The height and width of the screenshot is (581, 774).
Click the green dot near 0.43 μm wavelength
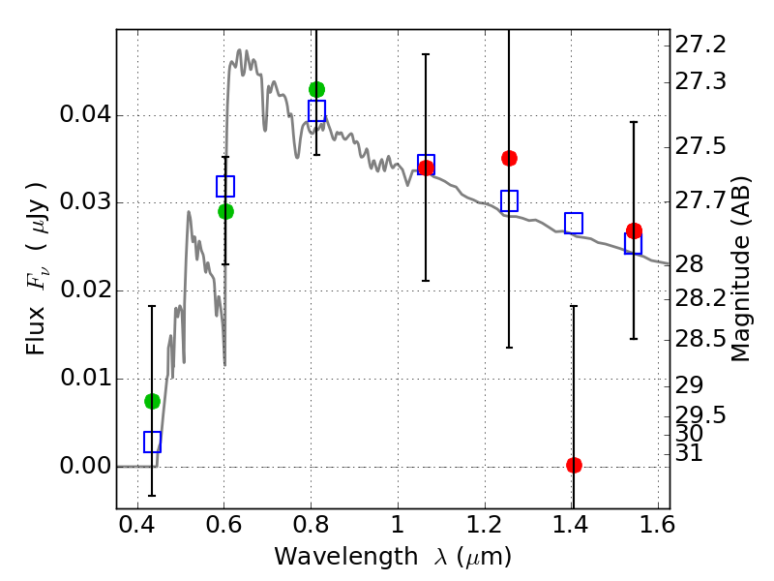152,401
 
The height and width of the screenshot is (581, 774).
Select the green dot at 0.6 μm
225,211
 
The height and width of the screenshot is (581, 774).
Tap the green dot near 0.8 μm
317,89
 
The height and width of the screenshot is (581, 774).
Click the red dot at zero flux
574,465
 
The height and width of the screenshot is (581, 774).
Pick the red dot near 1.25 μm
510,158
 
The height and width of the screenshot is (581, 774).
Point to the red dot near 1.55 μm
635,230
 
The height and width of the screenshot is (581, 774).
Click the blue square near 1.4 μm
574,224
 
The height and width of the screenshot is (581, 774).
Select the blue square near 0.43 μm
152,442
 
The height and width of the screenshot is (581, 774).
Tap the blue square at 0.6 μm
225,186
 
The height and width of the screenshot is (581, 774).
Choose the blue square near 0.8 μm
317,110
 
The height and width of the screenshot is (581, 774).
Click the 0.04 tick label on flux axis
85,114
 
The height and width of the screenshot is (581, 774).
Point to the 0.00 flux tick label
85,466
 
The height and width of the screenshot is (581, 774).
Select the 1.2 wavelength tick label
485,525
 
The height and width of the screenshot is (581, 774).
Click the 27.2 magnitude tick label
700,45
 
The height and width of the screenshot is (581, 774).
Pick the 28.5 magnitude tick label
700,340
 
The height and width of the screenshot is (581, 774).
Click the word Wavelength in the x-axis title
346,557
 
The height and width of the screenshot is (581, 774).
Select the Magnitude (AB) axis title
739,269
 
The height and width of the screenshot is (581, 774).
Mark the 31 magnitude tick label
689,452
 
